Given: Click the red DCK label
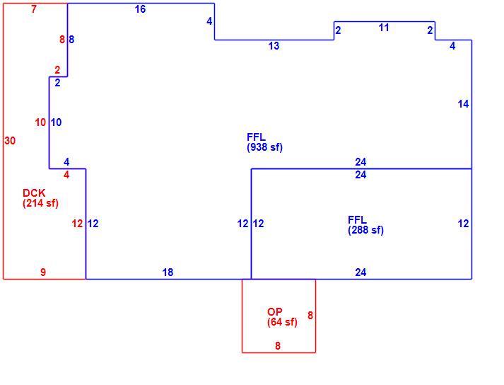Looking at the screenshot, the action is coord(34,193).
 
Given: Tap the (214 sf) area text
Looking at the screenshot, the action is coord(40,203).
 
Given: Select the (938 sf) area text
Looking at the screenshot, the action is coord(264,147).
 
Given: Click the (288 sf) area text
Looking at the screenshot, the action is coord(365,230).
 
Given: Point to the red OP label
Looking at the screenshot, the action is coord(275,312).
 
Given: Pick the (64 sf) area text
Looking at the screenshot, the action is coord(282,322).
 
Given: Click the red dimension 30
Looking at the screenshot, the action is coord(10,141).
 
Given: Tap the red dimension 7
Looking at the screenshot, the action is coord(34,9).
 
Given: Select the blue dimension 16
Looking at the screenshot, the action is coord(140,9).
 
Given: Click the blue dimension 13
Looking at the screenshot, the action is coord(274,46).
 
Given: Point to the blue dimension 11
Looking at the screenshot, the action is coord(384,28).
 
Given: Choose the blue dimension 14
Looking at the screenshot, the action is coord(463,104).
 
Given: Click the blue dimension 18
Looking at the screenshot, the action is coord(168,272).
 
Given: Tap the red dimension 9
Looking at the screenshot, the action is coord(43,272).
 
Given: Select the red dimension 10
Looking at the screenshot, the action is coord(40,122).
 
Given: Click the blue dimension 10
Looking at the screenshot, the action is coord(56,122).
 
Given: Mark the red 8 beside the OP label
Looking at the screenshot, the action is coord(310,316).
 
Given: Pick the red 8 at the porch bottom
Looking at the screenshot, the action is coord(278,346).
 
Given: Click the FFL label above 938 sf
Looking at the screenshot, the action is coord(256,137).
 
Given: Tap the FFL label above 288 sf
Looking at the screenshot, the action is coord(357,220).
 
